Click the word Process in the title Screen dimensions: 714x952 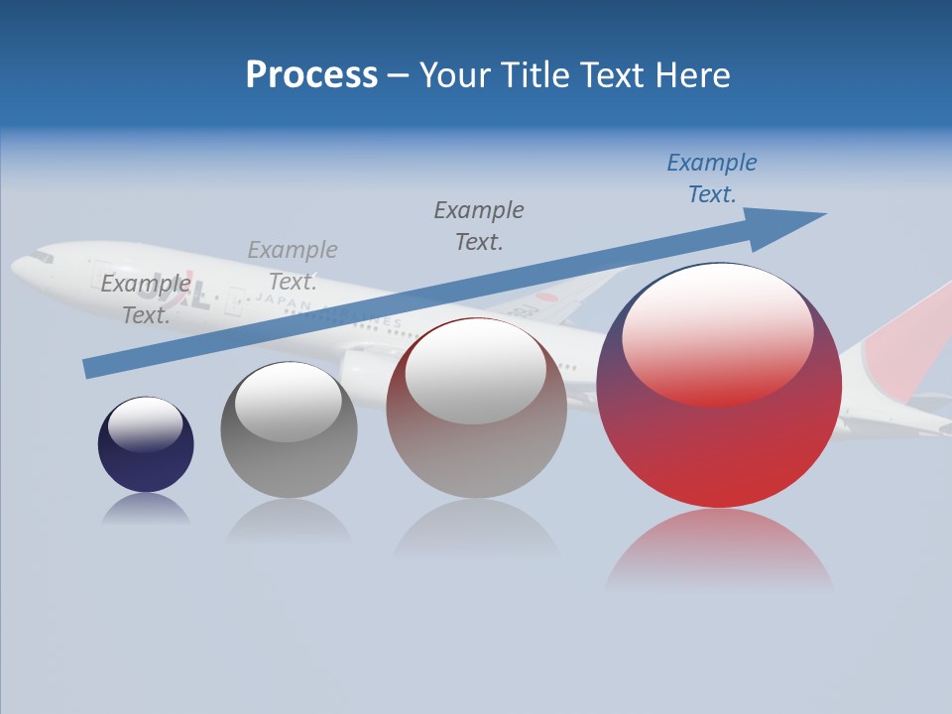(311, 75)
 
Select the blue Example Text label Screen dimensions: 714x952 (711, 178)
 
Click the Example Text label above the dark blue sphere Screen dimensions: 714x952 (145, 298)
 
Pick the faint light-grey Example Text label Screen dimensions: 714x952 (293, 265)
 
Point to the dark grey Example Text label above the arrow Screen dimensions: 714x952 (479, 225)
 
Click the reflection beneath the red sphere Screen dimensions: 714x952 (719, 550)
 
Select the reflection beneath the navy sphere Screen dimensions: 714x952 (146, 510)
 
